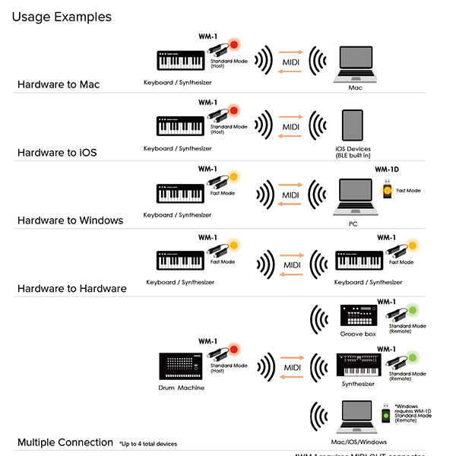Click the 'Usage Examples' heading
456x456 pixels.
pyautogui.click(x=62, y=17)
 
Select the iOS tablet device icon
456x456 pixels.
pyautogui.click(x=353, y=125)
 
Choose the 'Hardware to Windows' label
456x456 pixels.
pyautogui.click(x=70, y=220)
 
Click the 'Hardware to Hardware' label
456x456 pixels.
pyautogui.click(x=72, y=288)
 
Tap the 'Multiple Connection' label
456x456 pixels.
pyautogui.click(x=65, y=442)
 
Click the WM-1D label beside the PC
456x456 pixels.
pyautogui.click(x=387, y=169)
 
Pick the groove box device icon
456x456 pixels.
pyautogui.click(x=358, y=315)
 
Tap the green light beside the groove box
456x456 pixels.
pyautogui.click(x=413, y=310)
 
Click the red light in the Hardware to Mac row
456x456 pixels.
pyautogui.click(x=234, y=45)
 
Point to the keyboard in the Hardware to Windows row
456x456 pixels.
pyautogui.click(x=180, y=193)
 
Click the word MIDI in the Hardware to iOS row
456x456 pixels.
pyautogui.click(x=291, y=126)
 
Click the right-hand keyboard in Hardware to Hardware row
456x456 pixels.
pyautogui.click(x=359, y=261)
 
